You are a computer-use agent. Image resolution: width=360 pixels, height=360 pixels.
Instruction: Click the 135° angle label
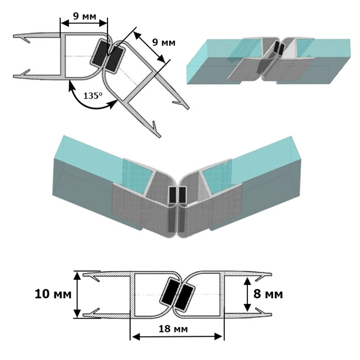pos(93,95)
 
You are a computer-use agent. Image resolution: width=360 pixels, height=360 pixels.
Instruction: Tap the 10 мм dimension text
pos(53,294)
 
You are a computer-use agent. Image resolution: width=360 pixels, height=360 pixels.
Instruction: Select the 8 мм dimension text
pos(268,294)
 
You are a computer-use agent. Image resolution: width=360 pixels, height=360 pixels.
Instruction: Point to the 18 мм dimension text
pos(173,329)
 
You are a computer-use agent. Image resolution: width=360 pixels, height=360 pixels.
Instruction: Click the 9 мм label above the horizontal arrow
pos(85,16)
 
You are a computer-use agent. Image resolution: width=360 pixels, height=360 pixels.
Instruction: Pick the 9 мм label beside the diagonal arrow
pos(164,42)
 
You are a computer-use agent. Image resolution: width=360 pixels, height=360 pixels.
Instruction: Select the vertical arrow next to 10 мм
pos(77,294)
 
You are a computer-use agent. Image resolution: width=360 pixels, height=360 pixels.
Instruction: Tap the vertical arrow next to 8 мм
pos(247,294)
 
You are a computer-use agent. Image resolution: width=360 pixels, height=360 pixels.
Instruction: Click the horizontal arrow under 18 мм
pos(177,337)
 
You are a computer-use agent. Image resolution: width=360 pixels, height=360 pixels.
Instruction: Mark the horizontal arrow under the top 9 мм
pos(84,23)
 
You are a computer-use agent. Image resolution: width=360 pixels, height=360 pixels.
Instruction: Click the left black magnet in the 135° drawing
pos(99,53)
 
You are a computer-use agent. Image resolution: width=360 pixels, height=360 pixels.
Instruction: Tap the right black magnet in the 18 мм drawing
pos(184,297)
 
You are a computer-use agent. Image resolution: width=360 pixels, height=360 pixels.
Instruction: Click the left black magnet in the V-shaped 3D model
pos(172,195)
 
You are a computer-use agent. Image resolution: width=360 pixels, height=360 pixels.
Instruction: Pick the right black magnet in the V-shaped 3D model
pos(182,195)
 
